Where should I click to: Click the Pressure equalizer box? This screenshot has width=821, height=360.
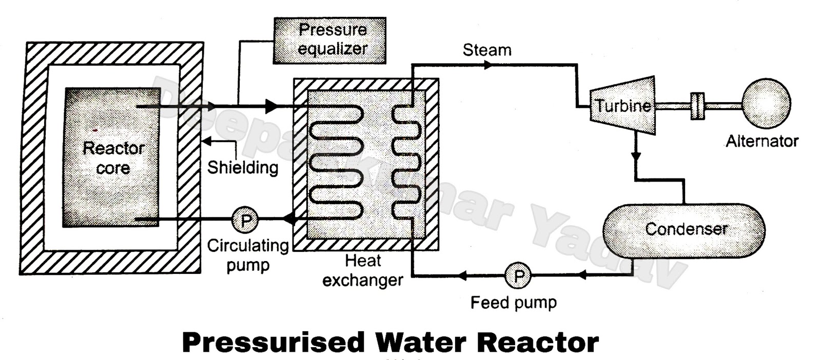click(329, 40)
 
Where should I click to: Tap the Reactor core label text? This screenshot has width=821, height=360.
click(113, 158)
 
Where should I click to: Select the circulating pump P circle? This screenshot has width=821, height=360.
click(246, 220)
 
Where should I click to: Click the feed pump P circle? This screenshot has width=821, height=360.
click(519, 276)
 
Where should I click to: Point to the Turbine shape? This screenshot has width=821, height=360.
click(622, 106)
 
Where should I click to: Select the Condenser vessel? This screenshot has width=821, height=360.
click(684, 230)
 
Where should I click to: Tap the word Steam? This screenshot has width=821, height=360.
click(487, 50)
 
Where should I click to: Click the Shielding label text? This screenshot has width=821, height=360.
click(243, 167)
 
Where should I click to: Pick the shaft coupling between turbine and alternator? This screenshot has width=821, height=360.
click(697, 106)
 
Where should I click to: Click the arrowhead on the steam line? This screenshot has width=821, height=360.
click(488, 65)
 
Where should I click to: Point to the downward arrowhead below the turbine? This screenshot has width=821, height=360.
click(636, 156)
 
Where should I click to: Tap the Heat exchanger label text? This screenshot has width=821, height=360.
click(363, 271)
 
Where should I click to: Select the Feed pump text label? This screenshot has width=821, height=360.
click(513, 302)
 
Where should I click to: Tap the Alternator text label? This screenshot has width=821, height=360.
click(762, 141)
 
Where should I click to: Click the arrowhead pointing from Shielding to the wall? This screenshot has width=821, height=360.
click(205, 141)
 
